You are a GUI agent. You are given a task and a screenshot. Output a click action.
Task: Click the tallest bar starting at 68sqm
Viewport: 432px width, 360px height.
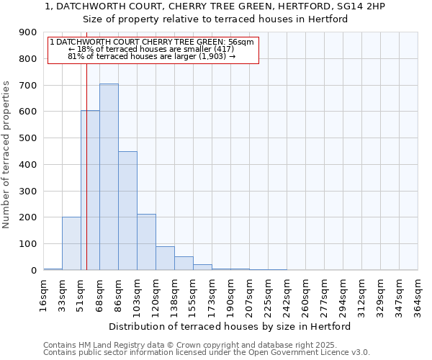click(109, 176)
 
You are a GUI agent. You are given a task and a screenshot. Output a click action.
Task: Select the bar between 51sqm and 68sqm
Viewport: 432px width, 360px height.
click(90, 190)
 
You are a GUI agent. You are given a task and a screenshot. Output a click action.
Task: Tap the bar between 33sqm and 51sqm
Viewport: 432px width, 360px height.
click(71, 243)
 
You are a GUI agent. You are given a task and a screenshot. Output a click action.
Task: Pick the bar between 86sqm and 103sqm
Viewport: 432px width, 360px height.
click(127, 210)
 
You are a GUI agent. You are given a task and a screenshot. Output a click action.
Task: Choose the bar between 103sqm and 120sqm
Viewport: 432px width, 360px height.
click(146, 242)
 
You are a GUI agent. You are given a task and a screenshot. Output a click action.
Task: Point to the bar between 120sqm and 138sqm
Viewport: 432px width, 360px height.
click(165, 258)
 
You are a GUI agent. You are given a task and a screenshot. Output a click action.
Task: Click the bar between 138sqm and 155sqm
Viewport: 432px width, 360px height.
click(184, 263)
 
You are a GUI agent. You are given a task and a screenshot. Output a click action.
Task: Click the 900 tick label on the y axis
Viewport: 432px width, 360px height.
click(28, 32)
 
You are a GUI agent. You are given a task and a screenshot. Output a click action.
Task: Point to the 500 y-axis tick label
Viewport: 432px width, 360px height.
click(28, 138)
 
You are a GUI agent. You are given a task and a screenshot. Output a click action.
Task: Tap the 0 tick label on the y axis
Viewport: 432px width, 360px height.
click(34, 270)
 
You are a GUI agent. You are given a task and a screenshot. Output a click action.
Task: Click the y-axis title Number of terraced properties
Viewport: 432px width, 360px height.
click(7, 154)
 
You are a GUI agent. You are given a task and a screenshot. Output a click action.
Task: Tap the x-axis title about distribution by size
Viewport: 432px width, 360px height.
click(230, 326)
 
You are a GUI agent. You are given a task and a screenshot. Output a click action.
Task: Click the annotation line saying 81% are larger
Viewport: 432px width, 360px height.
click(151, 55)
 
